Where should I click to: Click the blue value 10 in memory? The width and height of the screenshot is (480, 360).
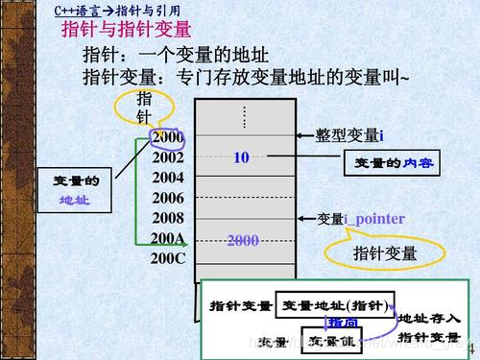click(241, 157)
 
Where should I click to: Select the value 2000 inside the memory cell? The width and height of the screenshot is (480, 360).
click(243, 240)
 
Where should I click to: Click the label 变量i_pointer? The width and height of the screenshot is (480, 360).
click(361, 219)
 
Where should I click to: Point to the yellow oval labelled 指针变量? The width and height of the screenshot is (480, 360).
click(384, 253)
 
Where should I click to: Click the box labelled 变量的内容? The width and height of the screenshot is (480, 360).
click(388, 164)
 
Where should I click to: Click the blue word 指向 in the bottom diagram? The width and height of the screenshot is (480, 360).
click(342, 323)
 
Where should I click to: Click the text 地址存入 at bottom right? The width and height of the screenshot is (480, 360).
click(428, 318)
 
